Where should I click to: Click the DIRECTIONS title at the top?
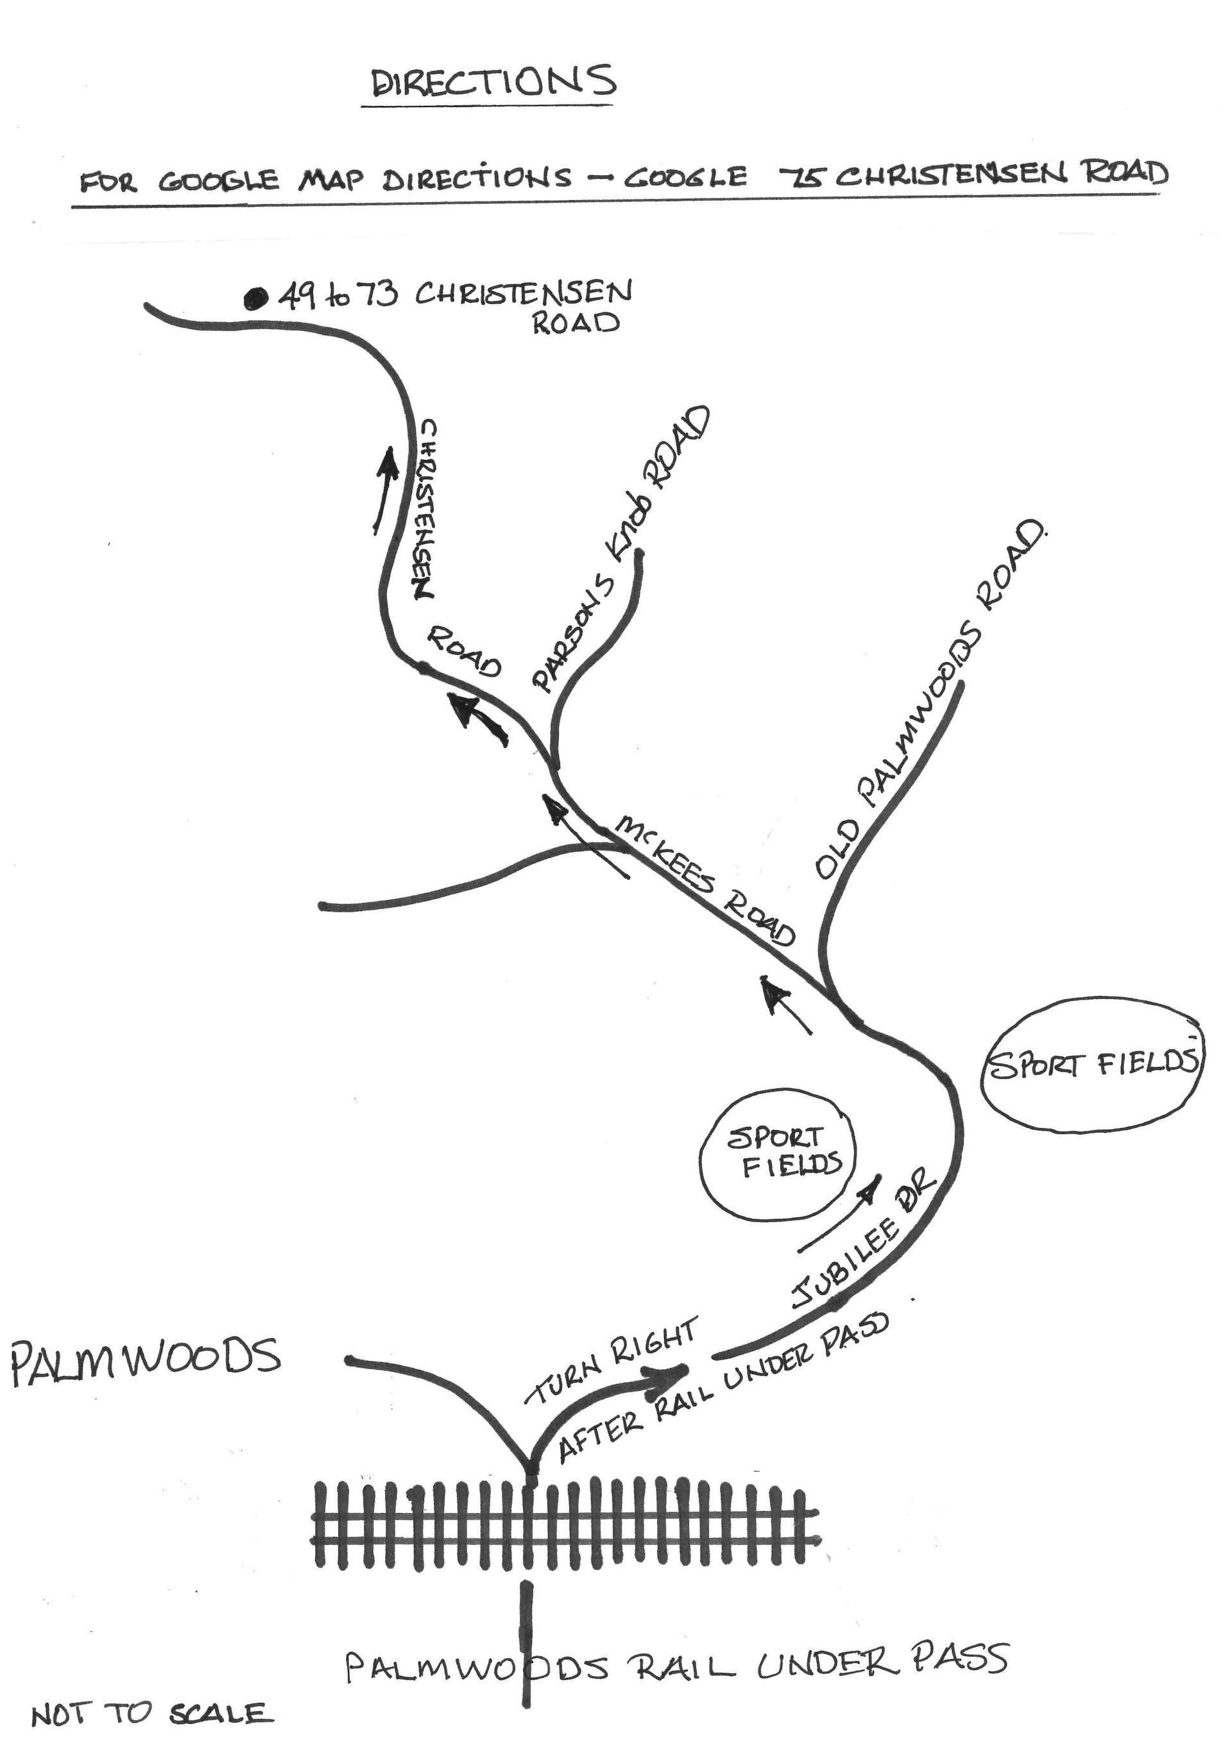(492, 83)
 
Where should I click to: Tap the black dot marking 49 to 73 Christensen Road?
(255, 299)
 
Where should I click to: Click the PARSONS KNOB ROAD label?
(621, 551)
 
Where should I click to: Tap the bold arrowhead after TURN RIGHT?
(672, 1372)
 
